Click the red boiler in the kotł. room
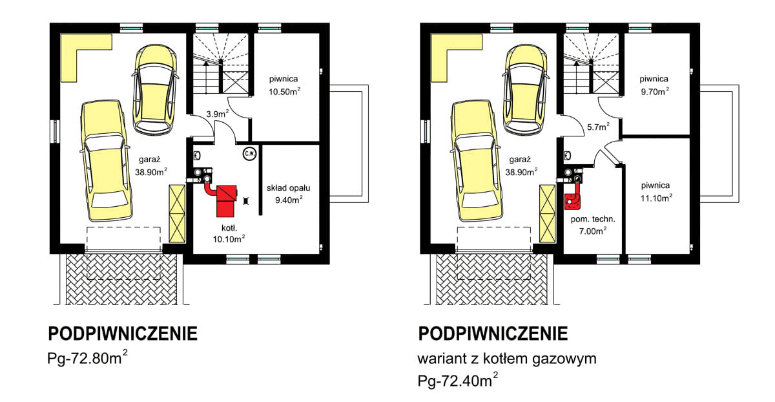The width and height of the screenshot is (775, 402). (x=225, y=200)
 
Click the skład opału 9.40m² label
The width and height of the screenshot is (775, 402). (x=289, y=194)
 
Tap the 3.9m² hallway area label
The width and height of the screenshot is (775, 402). (x=217, y=114)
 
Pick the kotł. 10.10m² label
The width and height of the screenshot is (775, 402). (x=229, y=233)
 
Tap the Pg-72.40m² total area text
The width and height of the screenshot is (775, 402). (x=458, y=381)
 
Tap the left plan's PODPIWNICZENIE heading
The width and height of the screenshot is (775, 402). (x=123, y=333)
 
